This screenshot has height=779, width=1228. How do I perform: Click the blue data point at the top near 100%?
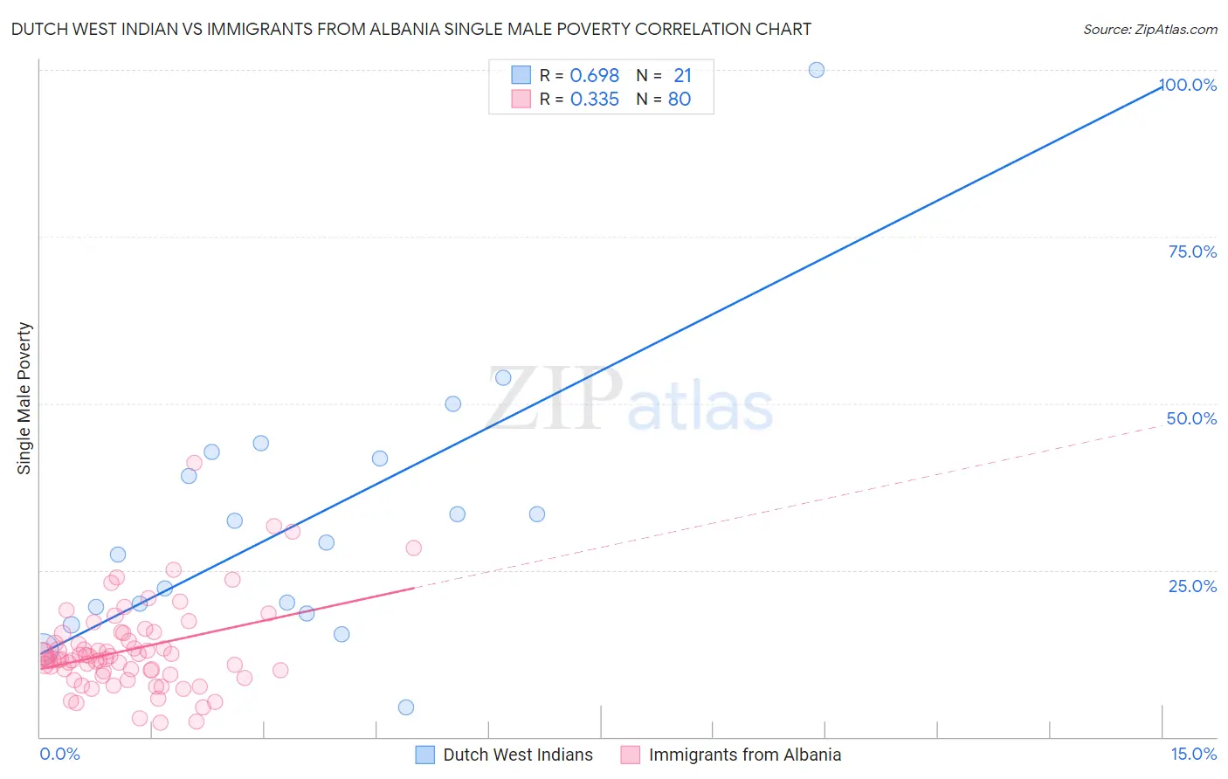pyautogui.click(x=817, y=70)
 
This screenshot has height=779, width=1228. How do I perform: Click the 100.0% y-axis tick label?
pyautogui.click(x=1188, y=85)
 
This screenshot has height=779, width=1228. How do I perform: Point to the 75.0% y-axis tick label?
pyautogui.click(x=1192, y=252)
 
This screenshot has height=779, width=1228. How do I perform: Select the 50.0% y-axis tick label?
pyautogui.click(x=1191, y=418)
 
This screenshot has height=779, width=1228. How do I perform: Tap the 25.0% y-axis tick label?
pyautogui.click(x=1192, y=585)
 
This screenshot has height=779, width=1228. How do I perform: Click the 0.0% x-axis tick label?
pyautogui.click(x=59, y=754)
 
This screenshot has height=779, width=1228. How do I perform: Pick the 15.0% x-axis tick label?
pyautogui.click(x=1193, y=754)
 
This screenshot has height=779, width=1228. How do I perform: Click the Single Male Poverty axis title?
pyautogui.click(x=24, y=398)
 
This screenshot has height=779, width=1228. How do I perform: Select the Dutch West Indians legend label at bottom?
pyautogui.click(x=517, y=755)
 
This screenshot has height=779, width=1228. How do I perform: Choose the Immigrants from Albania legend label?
pyautogui.click(x=744, y=755)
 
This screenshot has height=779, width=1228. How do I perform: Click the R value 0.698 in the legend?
pyautogui.click(x=594, y=76)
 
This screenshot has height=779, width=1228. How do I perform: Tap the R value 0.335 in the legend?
pyautogui.click(x=594, y=100)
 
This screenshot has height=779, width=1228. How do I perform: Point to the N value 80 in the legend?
pyautogui.click(x=680, y=100)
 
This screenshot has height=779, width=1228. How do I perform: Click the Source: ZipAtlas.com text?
pyautogui.click(x=1149, y=30)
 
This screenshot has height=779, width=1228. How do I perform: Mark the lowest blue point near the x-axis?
pyautogui.click(x=406, y=707)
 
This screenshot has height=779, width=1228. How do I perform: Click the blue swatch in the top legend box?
pyautogui.click(x=521, y=75)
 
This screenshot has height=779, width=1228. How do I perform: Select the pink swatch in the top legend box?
pyautogui.click(x=521, y=99)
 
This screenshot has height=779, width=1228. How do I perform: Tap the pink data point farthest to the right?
pyautogui.click(x=414, y=548)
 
